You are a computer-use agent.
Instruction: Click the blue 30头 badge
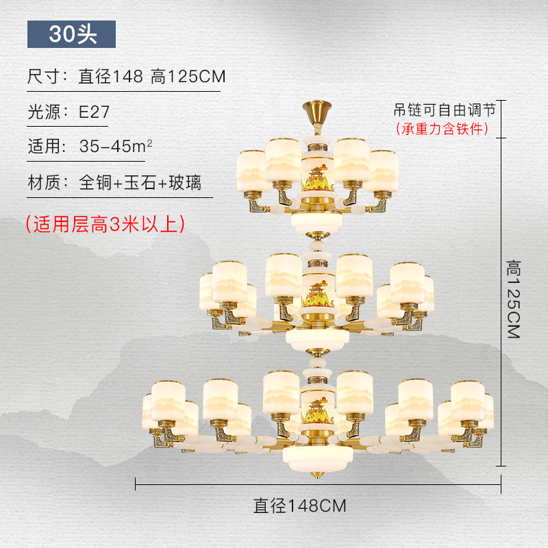(x=71, y=34)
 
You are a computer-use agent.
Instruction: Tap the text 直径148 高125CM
(x=151, y=77)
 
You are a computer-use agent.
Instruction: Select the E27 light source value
(x=94, y=112)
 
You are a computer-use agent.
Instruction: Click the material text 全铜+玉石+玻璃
(x=140, y=183)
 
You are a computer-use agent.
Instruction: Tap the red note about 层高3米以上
(x=105, y=224)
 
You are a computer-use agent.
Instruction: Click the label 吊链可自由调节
(x=444, y=110)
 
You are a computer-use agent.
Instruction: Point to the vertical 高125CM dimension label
(x=514, y=299)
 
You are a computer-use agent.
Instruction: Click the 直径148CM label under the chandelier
(x=300, y=506)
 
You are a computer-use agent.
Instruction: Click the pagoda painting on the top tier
(x=316, y=177)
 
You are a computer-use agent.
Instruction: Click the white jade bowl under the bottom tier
(x=316, y=456)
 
